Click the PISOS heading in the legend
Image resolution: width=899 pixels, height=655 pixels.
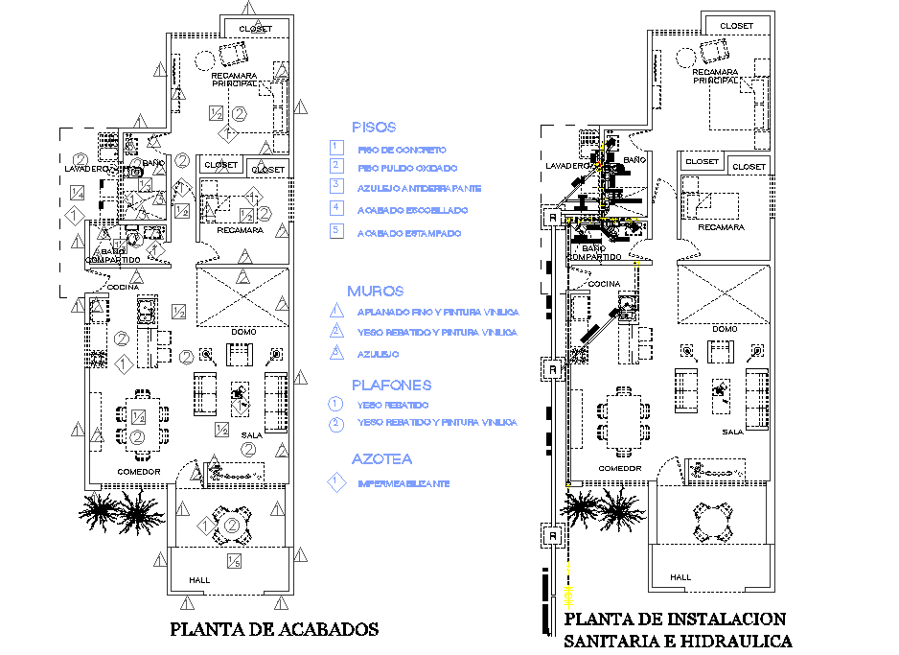pyautogui.click(x=374, y=127)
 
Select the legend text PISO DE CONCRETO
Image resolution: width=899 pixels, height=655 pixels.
pyautogui.click(x=402, y=150)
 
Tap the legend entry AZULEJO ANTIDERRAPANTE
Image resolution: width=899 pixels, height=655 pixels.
pyautogui.click(x=419, y=188)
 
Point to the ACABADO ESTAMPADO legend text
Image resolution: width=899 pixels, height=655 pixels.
pyautogui.click(x=408, y=233)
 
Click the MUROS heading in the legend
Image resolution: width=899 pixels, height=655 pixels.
pyautogui.click(x=375, y=291)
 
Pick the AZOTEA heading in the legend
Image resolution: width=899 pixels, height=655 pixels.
pyautogui.click(x=380, y=459)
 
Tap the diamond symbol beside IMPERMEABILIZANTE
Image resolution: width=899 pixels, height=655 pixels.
pyautogui.click(x=335, y=483)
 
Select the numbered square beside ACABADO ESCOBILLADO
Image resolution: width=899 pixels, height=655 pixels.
pyautogui.click(x=335, y=207)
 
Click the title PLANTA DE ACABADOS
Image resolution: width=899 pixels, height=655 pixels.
pyautogui.click(x=274, y=630)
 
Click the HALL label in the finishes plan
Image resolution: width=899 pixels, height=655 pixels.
pyautogui.click(x=199, y=580)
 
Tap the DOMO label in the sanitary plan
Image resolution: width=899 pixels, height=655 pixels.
pyautogui.click(x=725, y=329)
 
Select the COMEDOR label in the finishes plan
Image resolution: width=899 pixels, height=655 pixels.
pyautogui.click(x=138, y=472)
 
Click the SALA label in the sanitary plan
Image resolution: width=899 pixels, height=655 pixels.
pyautogui.click(x=733, y=432)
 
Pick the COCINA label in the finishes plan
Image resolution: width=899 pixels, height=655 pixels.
pyautogui.click(x=122, y=287)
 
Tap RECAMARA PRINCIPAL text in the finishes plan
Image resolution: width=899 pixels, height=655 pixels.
pyautogui.click(x=233, y=78)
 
